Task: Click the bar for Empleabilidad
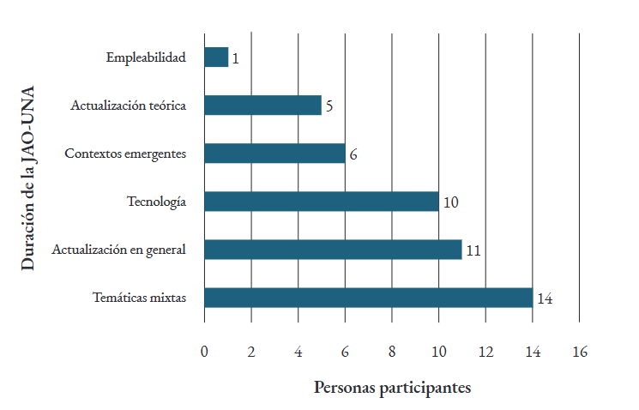pyautogui.click(x=216, y=57)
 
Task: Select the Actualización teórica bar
pyautogui.click(x=262, y=106)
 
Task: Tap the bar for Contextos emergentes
pyautogui.click(x=274, y=154)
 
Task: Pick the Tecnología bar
pyautogui.click(x=321, y=202)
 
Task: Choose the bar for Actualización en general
pyautogui.click(x=333, y=250)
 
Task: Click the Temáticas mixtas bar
pyautogui.click(x=368, y=298)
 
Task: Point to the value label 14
pyautogui.click(x=544, y=298)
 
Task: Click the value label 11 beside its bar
pyautogui.click(x=473, y=250)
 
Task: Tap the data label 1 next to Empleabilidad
pyautogui.click(x=235, y=58)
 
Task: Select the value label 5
pyautogui.click(x=329, y=106)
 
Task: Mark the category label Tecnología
pyautogui.click(x=156, y=202)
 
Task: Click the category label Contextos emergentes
pyautogui.click(x=125, y=154)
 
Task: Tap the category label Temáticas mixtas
pyautogui.click(x=139, y=298)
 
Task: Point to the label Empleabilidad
pyautogui.click(x=146, y=57)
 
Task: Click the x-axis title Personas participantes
pyautogui.click(x=392, y=388)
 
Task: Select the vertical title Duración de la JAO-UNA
pyautogui.click(x=28, y=178)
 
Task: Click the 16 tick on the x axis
pyautogui.click(x=579, y=351)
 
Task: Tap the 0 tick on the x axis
pyautogui.click(x=204, y=351)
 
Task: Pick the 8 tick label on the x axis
pyautogui.click(x=392, y=351)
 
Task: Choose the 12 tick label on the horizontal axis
pyautogui.click(x=485, y=351)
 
